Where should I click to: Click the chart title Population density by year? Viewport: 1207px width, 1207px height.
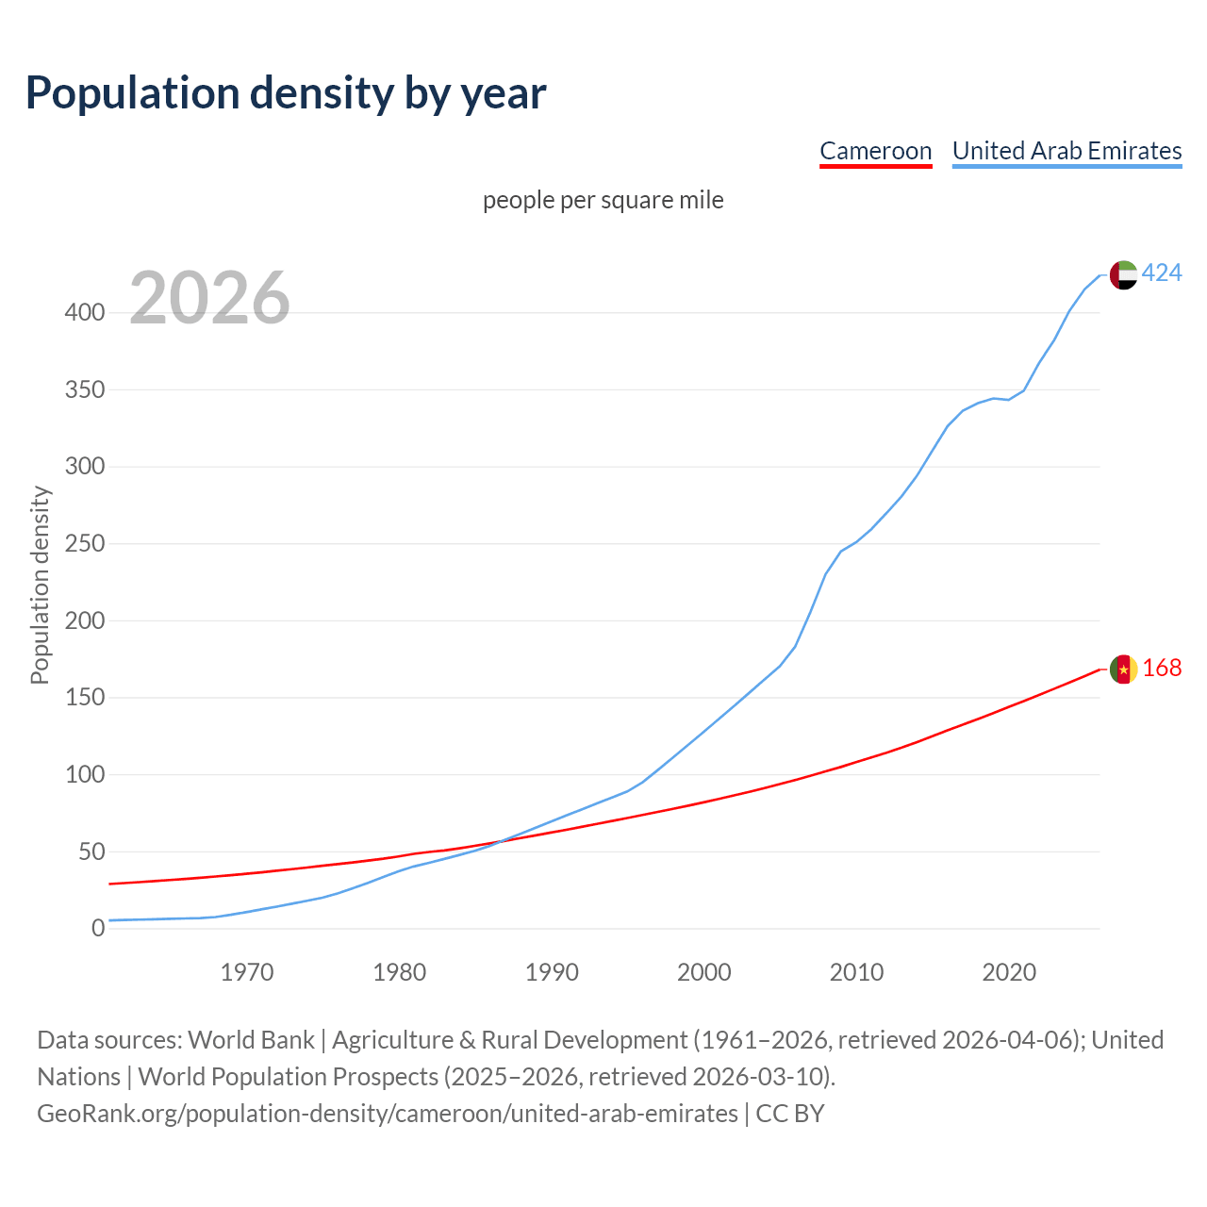(286, 93)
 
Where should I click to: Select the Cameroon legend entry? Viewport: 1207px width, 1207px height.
(875, 151)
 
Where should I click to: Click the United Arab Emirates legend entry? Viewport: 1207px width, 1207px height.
(1066, 151)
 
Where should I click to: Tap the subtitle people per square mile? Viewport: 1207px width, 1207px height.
(603, 200)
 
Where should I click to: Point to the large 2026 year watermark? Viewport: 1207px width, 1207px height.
(209, 299)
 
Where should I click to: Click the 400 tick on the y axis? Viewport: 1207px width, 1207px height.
(85, 312)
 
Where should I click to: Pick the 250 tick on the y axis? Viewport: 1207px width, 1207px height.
(85, 544)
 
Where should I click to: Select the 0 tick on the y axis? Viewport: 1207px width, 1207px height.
(98, 929)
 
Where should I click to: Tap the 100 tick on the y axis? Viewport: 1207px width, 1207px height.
(85, 775)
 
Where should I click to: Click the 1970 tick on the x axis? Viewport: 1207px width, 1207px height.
(247, 972)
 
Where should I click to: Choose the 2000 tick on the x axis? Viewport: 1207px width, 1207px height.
(704, 972)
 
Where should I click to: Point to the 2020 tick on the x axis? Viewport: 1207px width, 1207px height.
(1009, 972)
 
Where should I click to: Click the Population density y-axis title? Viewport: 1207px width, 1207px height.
(40, 585)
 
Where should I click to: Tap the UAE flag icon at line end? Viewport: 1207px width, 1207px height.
(1123, 274)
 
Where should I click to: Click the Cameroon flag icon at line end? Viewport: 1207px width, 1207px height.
(1123, 669)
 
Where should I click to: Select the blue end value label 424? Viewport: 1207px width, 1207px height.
(1162, 273)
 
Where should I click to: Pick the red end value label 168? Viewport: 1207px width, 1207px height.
(1162, 668)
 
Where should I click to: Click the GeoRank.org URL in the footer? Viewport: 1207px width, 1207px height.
(388, 1114)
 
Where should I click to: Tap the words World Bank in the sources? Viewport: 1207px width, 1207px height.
(251, 1040)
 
